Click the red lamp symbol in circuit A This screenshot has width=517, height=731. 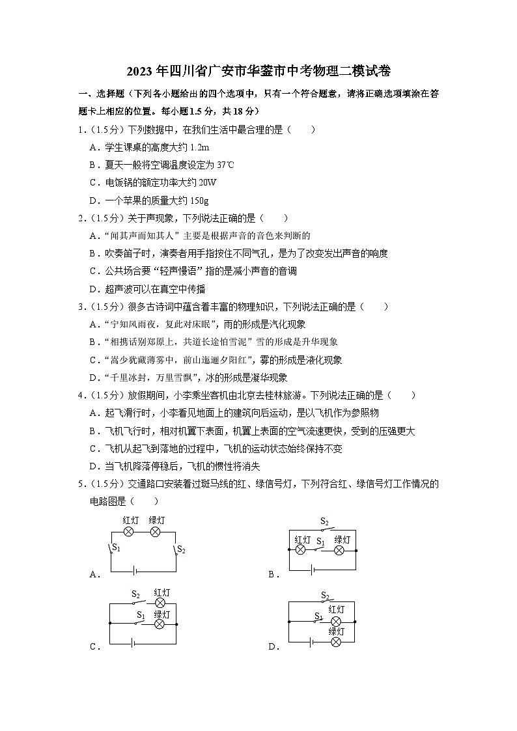[129, 532]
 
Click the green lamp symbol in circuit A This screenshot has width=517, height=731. [156, 532]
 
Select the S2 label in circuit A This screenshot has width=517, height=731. [182, 551]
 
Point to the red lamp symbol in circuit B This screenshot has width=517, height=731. [301, 550]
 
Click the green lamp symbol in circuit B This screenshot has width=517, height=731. [339, 550]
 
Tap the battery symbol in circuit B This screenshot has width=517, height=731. [313, 570]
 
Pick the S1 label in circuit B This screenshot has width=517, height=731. [320, 541]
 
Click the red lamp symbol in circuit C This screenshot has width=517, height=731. [160, 603]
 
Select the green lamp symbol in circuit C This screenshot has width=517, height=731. [160, 624]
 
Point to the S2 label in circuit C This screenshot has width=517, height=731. [136, 594]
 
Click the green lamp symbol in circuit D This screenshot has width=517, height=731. [336, 642]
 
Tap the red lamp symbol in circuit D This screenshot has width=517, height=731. [336, 620]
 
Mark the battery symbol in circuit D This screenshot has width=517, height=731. [313, 642]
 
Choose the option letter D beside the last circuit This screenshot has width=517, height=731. [272, 646]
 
